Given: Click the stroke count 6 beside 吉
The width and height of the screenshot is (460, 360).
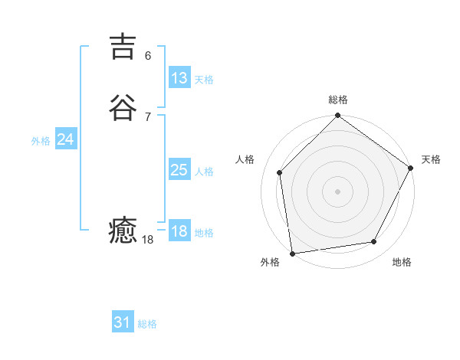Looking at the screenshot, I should pyautogui.click(x=148, y=55).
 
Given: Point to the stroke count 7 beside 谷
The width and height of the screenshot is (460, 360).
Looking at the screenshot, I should pyautogui.click(x=148, y=116).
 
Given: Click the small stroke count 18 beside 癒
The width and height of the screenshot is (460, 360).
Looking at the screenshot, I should pyautogui.click(x=148, y=240).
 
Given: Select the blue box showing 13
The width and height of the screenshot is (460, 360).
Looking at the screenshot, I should pyautogui.click(x=179, y=78).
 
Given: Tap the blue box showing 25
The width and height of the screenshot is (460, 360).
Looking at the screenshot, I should pyautogui.click(x=179, y=170).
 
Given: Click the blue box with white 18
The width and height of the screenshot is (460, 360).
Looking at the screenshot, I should pyautogui.click(x=179, y=231).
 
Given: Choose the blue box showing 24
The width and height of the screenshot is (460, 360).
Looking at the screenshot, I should pyautogui.click(x=66, y=139).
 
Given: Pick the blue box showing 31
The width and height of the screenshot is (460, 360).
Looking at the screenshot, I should pyautogui.click(x=123, y=322).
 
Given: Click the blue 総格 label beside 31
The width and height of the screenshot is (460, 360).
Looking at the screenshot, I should pyautogui.click(x=147, y=324).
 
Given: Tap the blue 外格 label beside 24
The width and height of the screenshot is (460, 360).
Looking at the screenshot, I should pyautogui.click(x=41, y=141).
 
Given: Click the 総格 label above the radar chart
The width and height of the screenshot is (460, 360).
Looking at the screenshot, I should pyautogui.click(x=338, y=100).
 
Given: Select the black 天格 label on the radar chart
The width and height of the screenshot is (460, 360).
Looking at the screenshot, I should pyautogui.click(x=431, y=159).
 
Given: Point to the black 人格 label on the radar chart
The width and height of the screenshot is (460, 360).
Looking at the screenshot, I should pyautogui.click(x=245, y=159).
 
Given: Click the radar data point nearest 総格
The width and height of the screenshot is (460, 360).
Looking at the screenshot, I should pyautogui.click(x=338, y=116).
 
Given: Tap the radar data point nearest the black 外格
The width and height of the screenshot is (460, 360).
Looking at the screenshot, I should pyautogui.click(x=292, y=253).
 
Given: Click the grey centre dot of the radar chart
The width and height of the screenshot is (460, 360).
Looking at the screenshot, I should pyautogui.click(x=338, y=191).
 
